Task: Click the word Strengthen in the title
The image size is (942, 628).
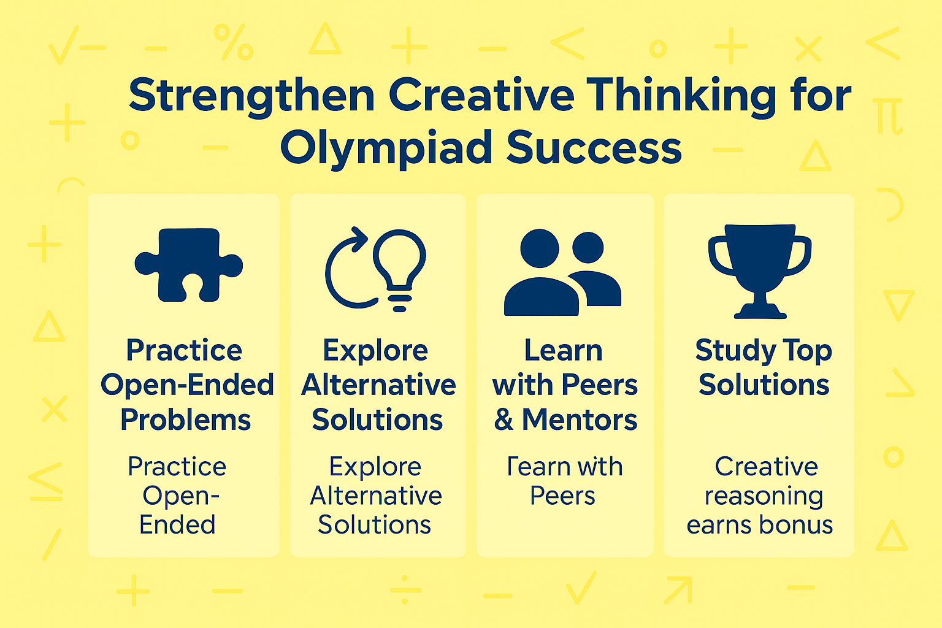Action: (251, 96)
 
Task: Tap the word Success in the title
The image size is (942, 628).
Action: (594, 148)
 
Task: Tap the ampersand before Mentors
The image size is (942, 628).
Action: (504, 420)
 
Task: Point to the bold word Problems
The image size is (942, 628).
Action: (185, 420)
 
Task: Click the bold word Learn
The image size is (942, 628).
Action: (563, 351)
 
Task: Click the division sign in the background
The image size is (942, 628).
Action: (405, 591)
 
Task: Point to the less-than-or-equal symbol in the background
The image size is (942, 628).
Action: (45, 481)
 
